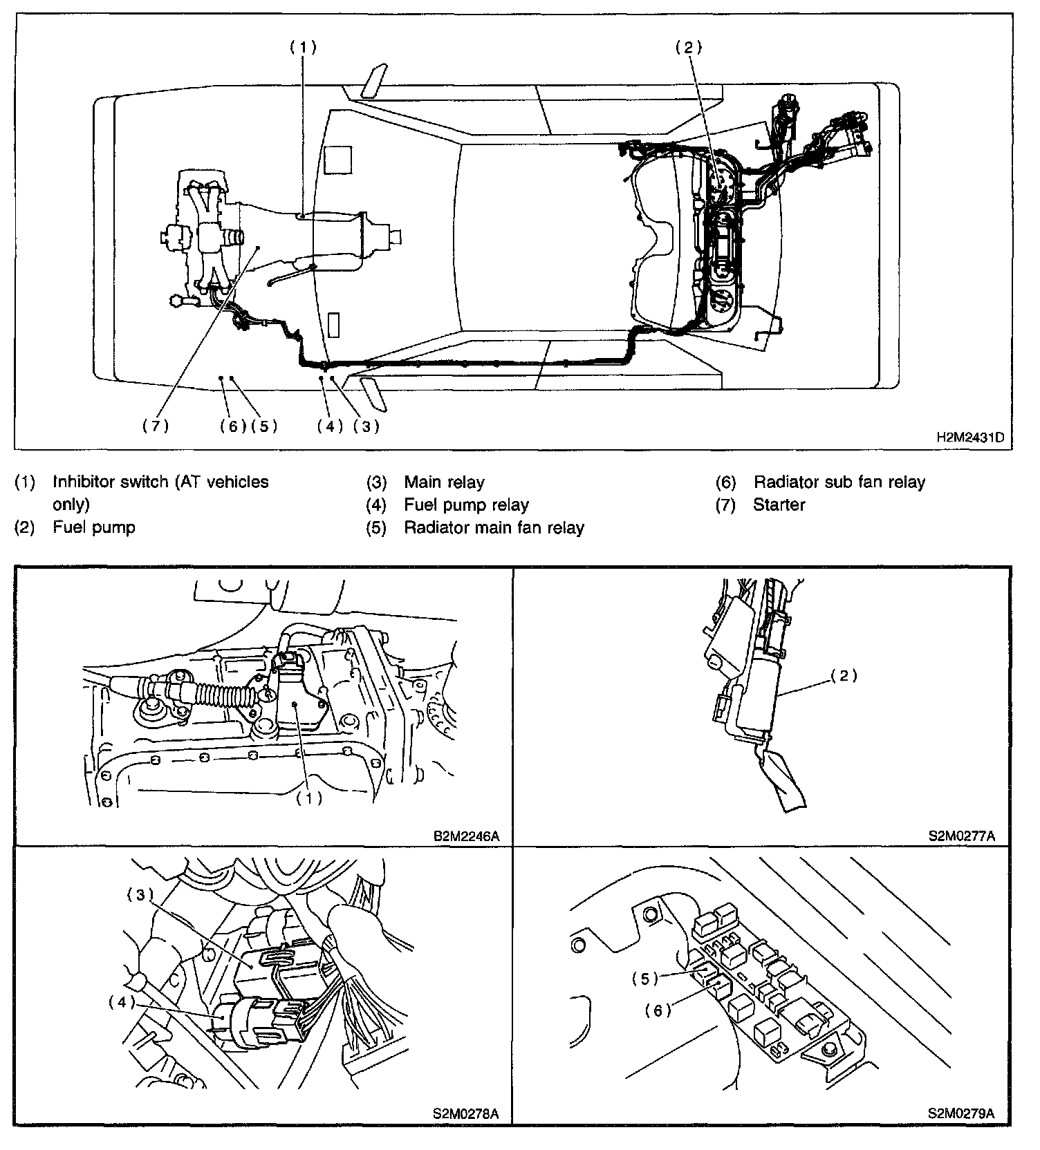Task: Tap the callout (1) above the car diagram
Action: click(x=303, y=47)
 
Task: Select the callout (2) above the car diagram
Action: click(x=689, y=47)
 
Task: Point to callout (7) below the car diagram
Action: click(x=156, y=426)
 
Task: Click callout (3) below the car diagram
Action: click(x=366, y=426)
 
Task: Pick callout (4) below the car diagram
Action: click(x=330, y=426)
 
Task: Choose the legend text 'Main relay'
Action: click(x=444, y=482)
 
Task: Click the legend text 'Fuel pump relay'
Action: click(x=466, y=505)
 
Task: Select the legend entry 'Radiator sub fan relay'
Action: click(x=839, y=482)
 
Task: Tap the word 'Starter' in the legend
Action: click(x=779, y=505)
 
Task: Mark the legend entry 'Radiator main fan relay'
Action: click(x=494, y=528)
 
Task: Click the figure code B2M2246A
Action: click(x=466, y=836)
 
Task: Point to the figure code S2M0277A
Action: click(x=962, y=836)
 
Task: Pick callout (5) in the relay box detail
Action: click(x=644, y=979)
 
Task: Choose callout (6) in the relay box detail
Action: click(x=658, y=1010)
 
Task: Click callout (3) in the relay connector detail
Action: click(x=140, y=895)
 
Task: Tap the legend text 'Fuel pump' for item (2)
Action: click(x=94, y=527)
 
